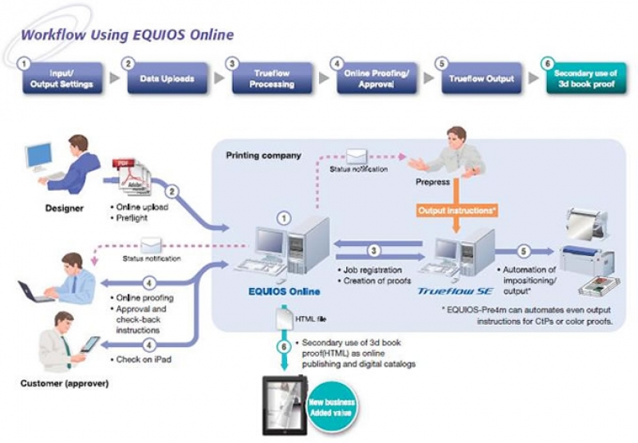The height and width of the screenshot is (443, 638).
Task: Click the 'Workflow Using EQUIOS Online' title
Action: (x=127, y=35)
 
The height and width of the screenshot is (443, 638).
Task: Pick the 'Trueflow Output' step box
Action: (x=480, y=78)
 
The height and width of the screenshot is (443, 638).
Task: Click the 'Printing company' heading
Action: (x=263, y=155)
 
